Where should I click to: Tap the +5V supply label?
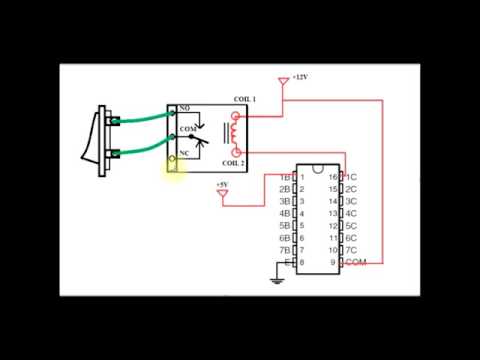pos(223,184)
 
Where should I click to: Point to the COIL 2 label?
pos(232,162)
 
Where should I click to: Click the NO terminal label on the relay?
pos(185,107)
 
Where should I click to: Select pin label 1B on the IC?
pos(284,176)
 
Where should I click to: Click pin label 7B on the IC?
pos(284,249)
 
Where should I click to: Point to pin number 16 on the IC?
pos(335,176)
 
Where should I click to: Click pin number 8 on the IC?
pos(301,262)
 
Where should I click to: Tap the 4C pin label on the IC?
pos(351,213)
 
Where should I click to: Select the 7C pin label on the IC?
pos(351,249)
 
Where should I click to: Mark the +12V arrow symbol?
pos(284,79)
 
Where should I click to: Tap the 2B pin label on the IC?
pos(284,189)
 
